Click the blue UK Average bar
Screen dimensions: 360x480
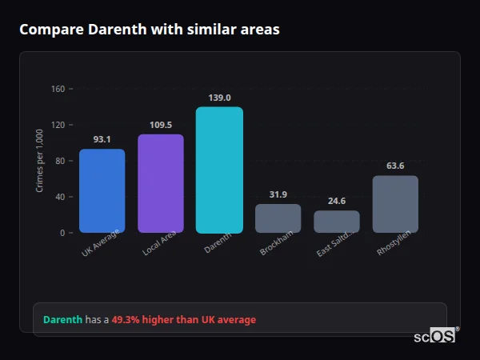pyautogui.click(x=102, y=190)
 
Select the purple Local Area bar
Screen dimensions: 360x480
pyautogui.click(x=161, y=183)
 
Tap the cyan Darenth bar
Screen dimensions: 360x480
pyautogui.click(x=219, y=170)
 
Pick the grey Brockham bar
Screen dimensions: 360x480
pyautogui.click(x=278, y=218)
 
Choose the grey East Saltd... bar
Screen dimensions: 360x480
pyautogui.click(x=337, y=222)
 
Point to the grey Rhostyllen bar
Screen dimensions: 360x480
pyautogui.click(x=395, y=204)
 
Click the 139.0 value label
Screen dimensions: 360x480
pyautogui.click(x=219, y=98)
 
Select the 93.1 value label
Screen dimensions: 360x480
pyautogui.click(x=102, y=139)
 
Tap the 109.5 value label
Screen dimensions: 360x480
pyautogui.click(x=161, y=125)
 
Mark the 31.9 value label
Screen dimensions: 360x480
pyautogui.click(x=278, y=194)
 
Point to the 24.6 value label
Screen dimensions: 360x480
pyautogui.click(x=337, y=201)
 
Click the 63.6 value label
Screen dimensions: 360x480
pyautogui.click(x=395, y=166)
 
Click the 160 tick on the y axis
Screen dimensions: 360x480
pyautogui.click(x=58, y=89)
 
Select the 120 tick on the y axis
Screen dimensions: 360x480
pyautogui.click(x=58, y=125)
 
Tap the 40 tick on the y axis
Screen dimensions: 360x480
pyautogui.click(x=59, y=197)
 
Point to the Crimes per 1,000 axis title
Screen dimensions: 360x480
pyautogui.click(x=40, y=160)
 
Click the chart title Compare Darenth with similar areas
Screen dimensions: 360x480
pyautogui.click(x=150, y=30)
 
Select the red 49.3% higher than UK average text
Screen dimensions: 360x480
pyautogui.click(x=184, y=320)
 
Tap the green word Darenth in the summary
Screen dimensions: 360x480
pyautogui.click(x=62, y=320)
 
